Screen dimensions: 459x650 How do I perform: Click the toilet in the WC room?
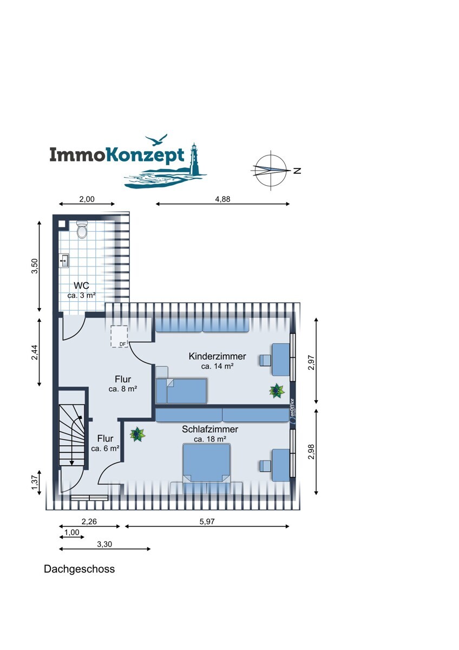point(82,230)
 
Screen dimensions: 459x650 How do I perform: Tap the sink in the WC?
point(64,261)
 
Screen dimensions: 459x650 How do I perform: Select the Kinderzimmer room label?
point(217,356)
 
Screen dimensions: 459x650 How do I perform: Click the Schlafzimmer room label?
point(210,429)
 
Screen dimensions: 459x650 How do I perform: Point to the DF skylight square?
point(119,336)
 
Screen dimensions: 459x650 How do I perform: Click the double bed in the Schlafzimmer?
point(206,464)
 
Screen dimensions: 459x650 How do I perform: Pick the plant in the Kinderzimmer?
point(277,391)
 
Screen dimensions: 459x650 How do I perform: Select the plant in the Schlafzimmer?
point(137,434)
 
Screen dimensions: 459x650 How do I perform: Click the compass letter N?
point(297,171)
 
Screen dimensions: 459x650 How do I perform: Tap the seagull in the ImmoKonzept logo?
point(156,140)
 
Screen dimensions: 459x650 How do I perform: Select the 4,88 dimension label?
point(222,199)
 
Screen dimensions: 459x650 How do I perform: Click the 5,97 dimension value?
point(207,522)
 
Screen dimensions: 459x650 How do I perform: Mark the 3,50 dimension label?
point(35,266)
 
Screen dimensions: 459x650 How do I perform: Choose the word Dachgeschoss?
point(79,569)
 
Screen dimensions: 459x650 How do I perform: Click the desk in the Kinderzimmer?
point(281,360)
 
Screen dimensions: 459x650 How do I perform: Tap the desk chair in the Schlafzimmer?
point(265,466)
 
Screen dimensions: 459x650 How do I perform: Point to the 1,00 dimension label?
point(71,532)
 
